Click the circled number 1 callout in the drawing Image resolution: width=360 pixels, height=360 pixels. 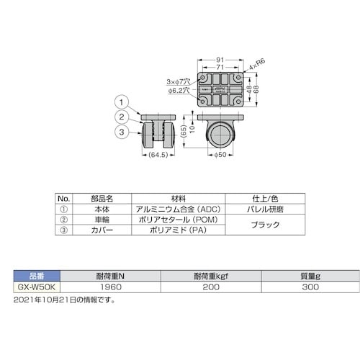tap(122, 102)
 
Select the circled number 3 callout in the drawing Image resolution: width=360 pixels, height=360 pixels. tap(122, 132)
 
